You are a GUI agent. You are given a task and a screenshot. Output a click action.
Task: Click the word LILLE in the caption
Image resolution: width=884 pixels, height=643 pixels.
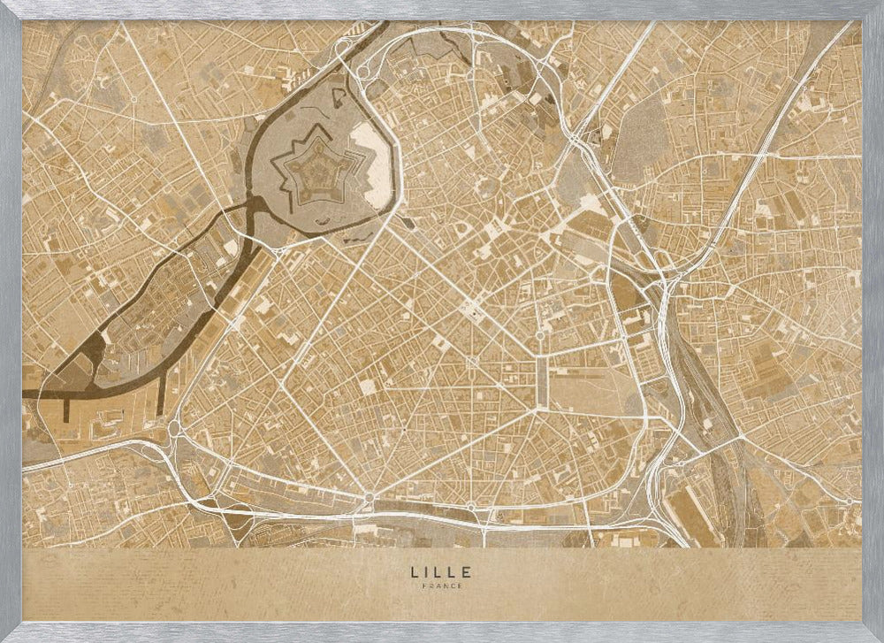(441, 572)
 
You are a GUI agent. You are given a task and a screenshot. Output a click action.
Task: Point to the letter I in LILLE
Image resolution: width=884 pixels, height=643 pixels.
(426, 572)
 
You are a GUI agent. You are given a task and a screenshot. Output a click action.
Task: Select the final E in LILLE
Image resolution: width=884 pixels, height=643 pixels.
(468, 572)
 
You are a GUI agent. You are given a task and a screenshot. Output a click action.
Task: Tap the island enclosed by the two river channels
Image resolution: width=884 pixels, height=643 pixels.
(159, 301)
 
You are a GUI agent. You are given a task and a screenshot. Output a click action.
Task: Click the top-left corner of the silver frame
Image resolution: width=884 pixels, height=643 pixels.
(4, 4)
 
